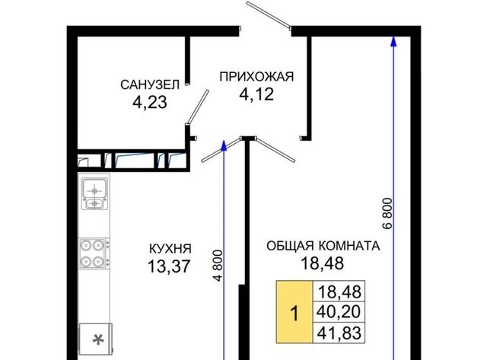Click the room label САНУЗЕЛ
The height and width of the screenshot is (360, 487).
tap(150, 84)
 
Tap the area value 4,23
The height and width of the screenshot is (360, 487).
tap(150, 102)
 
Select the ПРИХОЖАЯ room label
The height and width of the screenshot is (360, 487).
tap(256, 77)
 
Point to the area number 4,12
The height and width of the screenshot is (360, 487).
tap(256, 94)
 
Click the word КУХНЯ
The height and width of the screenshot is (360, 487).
tap(170, 249)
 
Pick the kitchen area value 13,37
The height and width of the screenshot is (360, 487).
tap(169, 266)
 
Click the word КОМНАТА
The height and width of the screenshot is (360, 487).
tap(349, 246)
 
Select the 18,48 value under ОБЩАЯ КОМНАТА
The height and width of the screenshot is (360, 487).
tap(323, 263)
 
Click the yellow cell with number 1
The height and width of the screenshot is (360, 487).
tap(294, 312)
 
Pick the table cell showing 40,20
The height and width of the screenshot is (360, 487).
tap(339, 311)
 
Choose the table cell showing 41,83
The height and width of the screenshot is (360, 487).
tap(339, 333)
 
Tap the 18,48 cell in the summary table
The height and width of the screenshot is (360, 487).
tap(339, 291)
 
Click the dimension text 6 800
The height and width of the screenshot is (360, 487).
tap(387, 213)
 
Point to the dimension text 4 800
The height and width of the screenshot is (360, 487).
tap(218, 266)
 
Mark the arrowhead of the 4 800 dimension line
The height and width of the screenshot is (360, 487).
tap(224, 145)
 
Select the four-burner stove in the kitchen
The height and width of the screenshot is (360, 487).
tap(94, 253)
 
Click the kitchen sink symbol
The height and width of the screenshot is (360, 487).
tap(94, 193)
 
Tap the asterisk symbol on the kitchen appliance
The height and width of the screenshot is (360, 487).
tap(98, 339)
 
